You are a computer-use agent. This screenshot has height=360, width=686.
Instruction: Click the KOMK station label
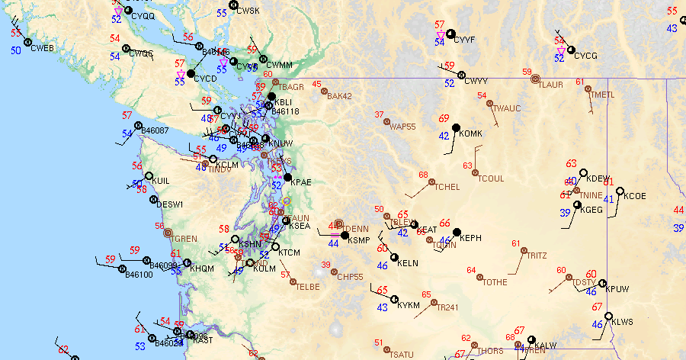click(x=472, y=134)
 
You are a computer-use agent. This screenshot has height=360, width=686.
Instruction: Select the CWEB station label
click(x=43, y=48)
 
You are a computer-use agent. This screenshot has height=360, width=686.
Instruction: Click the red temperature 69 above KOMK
click(x=444, y=118)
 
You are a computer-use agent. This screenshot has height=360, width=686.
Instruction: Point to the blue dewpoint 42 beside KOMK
click(x=444, y=136)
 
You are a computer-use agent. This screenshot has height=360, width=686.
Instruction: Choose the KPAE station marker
click(x=287, y=178)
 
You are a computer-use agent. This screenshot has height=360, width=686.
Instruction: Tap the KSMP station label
click(x=359, y=240)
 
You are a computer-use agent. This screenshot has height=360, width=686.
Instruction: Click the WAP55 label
click(x=402, y=127)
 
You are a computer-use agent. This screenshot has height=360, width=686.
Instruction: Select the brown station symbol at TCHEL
click(x=431, y=183)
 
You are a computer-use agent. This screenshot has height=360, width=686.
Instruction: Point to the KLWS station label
click(x=622, y=322)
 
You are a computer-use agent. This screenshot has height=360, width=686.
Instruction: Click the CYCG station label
click(x=586, y=56)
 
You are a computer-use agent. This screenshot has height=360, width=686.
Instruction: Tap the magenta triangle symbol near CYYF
click(x=441, y=36)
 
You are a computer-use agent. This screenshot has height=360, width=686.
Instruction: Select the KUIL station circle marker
click(x=149, y=176)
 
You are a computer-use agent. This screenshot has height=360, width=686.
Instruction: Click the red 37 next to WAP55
click(x=380, y=114)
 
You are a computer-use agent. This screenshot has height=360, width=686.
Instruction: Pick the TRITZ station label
click(x=536, y=256)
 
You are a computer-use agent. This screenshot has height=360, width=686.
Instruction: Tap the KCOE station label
click(x=635, y=196)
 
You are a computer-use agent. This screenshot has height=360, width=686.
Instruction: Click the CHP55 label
click(x=350, y=277)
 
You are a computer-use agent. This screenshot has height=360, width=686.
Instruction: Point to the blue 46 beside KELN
click(x=383, y=265)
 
